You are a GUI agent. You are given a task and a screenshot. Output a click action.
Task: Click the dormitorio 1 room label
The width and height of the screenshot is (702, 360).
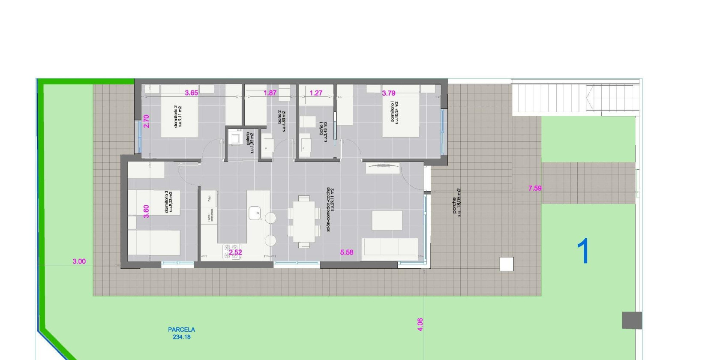(394, 112)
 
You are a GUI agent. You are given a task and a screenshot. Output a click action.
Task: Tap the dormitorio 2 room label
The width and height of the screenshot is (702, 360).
(177, 116)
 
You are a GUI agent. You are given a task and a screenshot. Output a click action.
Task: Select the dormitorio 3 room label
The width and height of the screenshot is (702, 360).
(169, 202)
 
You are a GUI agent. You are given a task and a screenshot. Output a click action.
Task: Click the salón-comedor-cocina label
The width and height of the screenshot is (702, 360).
(330, 210)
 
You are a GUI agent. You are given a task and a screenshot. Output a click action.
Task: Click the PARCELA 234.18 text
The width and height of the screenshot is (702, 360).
(181, 333)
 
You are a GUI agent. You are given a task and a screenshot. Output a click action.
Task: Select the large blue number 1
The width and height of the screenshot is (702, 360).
(583, 252)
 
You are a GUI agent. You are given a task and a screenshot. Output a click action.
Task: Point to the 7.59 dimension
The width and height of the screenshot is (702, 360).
(535, 188)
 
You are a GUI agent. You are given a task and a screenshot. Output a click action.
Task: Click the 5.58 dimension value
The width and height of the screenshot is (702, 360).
(347, 252)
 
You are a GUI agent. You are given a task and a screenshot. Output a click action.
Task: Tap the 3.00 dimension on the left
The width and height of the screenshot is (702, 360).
(79, 261)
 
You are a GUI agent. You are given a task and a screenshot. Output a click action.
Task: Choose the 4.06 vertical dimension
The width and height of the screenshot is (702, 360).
(420, 324)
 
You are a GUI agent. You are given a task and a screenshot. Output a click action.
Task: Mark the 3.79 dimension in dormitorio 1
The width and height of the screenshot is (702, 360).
(388, 93)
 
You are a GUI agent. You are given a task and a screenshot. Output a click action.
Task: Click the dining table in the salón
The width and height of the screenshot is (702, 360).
(304, 222)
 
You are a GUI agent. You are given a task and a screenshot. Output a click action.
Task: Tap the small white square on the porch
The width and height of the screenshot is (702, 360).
(506, 264)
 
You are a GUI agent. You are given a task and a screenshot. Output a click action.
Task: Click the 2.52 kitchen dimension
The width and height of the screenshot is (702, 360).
(235, 252)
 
